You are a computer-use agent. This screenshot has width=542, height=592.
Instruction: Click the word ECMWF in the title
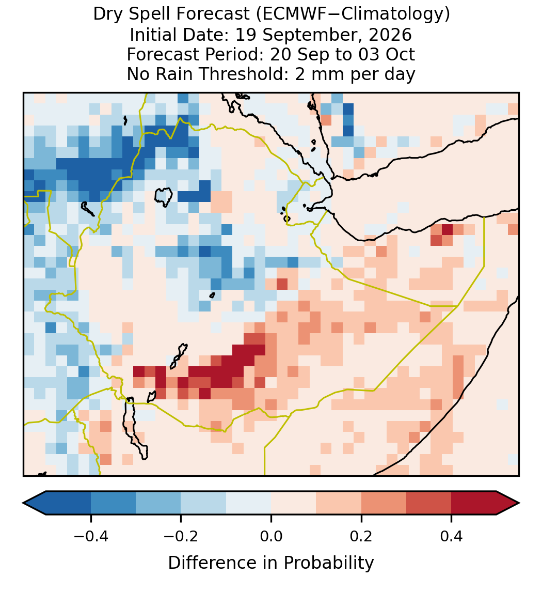pos(290,14)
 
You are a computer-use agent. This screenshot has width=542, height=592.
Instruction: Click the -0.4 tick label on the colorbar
pos(91,536)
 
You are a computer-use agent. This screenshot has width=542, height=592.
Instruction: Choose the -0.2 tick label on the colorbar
pos(181,536)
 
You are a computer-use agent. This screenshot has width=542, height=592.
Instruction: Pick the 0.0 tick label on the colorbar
pos(271,536)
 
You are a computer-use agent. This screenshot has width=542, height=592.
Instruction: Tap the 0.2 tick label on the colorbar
pos(361,536)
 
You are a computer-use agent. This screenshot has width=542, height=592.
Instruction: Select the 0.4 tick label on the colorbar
pos(452,536)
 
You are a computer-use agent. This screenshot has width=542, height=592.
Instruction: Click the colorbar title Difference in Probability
pos(271,563)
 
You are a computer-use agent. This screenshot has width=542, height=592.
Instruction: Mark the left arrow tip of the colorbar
pos(23,503)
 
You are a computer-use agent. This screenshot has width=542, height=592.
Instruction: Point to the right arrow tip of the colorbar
pos(519,503)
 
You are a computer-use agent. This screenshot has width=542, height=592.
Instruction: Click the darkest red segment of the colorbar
pos(474,503)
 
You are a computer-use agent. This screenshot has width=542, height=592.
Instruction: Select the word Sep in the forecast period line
pos(309,54)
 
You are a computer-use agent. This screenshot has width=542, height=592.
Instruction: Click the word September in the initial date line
pos(312,35)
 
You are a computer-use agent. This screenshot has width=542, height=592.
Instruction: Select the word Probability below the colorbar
pos(328,563)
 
